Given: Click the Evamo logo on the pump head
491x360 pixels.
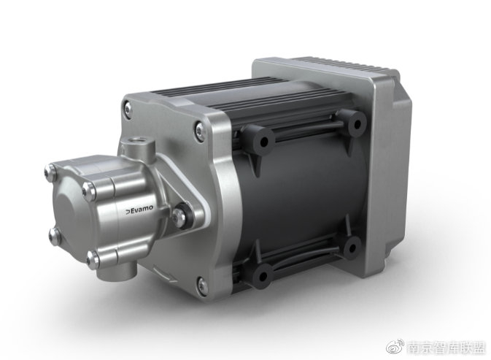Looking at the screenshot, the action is tap(139, 209).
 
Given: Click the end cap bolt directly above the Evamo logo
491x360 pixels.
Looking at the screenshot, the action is tap(90, 190).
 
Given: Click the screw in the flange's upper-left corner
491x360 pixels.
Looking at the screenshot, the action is tap(128, 108).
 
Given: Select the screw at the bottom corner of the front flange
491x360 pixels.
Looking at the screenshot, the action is tap(204, 285).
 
